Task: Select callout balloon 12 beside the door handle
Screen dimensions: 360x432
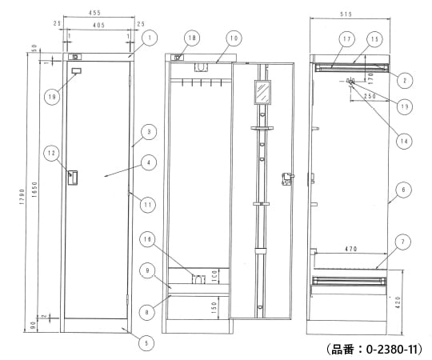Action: [x=50, y=153]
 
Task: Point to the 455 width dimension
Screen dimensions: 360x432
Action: [x=94, y=14]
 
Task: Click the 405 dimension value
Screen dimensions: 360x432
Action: [x=98, y=26]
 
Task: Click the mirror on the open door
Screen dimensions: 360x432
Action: [x=261, y=93]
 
